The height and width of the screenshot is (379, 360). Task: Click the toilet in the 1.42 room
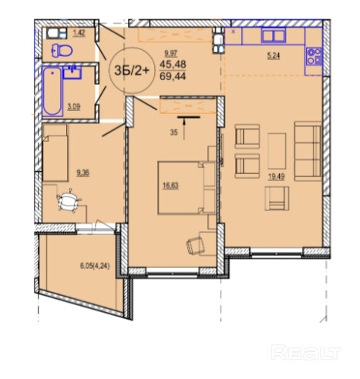pyautogui.click(x=62, y=50)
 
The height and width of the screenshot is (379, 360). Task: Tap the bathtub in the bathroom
pyautogui.click(x=52, y=91)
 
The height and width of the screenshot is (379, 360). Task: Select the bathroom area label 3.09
pyautogui.click(x=74, y=106)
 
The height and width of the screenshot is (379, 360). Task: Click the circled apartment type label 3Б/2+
pyautogui.click(x=132, y=70)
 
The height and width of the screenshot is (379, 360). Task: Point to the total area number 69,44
pyautogui.click(x=173, y=76)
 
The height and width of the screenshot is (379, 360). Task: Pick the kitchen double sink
pyautogui.click(x=274, y=35)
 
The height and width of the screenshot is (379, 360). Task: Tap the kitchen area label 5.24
pyautogui.click(x=274, y=55)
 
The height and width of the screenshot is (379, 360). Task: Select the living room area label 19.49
pyautogui.click(x=276, y=176)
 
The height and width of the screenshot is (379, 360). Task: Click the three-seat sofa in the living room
pyautogui.click(x=308, y=151)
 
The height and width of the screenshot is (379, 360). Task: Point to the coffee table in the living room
pyautogui.click(x=277, y=151)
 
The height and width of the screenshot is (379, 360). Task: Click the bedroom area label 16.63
pyautogui.click(x=170, y=186)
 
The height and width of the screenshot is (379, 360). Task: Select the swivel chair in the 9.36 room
pyautogui.click(x=69, y=200)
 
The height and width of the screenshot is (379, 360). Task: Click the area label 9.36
pyautogui.click(x=82, y=173)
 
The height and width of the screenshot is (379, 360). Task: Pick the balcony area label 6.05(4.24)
pyautogui.click(x=95, y=267)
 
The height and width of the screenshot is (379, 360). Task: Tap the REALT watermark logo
pyautogui.click(x=306, y=352)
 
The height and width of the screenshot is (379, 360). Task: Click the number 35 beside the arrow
pyautogui.click(x=173, y=132)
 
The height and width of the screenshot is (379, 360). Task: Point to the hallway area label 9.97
pyautogui.click(x=171, y=54)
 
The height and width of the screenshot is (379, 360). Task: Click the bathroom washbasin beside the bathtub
pyautogui.click(x=72, y=72)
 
